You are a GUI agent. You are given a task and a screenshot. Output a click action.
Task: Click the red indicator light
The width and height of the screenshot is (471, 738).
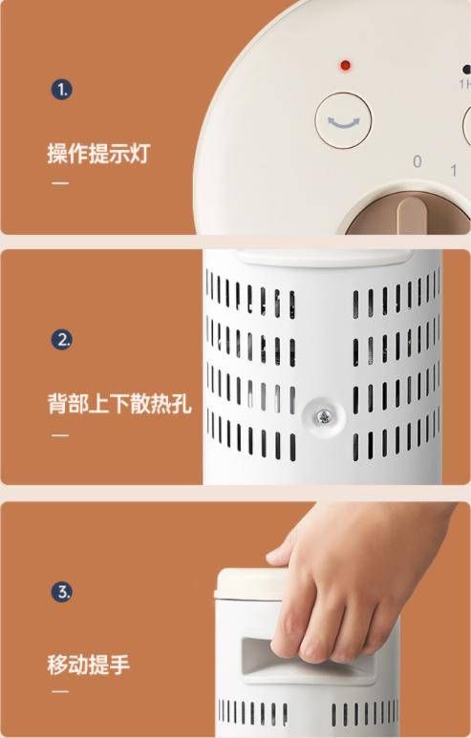pyautogui.click(x=345, y=65)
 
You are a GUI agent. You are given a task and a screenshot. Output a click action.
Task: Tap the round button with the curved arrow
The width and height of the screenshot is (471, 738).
pyautogui.click(x=343, y=120)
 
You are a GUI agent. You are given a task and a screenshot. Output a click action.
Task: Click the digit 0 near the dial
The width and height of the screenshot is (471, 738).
pyautogui.click(x=417, y=161)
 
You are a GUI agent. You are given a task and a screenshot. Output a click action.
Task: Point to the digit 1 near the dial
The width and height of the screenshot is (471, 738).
pyautogui.click(x=454, y=170)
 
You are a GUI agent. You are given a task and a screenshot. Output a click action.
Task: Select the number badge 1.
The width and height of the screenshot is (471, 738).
pyautogui.click(x=62, y=90)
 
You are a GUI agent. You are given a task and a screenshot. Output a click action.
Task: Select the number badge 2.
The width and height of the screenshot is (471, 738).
pyautogui.click(x=62, y=339)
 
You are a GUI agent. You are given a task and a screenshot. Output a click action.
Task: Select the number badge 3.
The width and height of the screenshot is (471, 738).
pyautogui.click(x=62, y=592)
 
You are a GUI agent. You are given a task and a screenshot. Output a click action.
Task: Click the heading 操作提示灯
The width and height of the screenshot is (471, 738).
pyautogui.click(x=99, y=154)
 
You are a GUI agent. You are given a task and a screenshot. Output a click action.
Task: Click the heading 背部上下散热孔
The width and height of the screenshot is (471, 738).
pyautogui.click(x=119, y=404)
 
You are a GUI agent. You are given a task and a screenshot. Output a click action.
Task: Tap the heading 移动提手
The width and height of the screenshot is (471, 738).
pyautogui.click(x=89, y=664)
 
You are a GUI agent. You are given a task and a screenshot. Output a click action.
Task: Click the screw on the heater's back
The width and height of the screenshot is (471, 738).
pyautogui.click(x=324, y=416)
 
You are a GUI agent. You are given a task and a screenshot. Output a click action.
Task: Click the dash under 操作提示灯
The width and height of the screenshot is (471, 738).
pyautogui.click(x=60, y=183)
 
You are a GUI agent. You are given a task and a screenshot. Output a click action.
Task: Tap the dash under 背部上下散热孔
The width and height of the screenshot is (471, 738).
pyautogui.click(x=60, y=435)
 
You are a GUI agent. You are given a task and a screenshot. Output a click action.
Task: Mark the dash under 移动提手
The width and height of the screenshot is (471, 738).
pyautogui.click(x=60, y=691)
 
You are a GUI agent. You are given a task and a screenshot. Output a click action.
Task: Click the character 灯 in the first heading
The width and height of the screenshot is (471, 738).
pyautogui.click(x=140, y=154)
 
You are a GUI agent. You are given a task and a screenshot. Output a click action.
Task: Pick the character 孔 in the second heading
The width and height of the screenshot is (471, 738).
pyautogui.click(x=182, y=404)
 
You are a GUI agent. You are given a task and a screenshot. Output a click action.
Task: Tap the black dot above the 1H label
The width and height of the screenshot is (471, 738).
pyautogui.click(x=467, y=70)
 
